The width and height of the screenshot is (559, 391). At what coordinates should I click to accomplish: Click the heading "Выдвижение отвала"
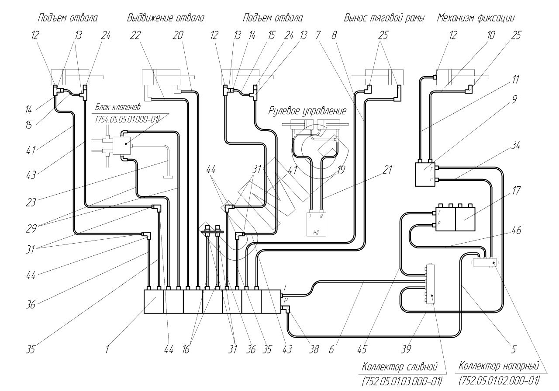pyautogui.click(x=166, y=18)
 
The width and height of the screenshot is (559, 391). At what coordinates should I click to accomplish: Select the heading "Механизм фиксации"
pyautogui.click(x=476, y=18)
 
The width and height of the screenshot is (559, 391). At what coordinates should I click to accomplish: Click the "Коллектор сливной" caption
pyautogui.click(x=400, y=366)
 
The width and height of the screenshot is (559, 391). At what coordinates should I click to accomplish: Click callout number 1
pyautogui.click(x=106, y=349)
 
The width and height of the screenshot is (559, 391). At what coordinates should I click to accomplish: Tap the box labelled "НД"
pyautogui.click(x=316, y=222)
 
